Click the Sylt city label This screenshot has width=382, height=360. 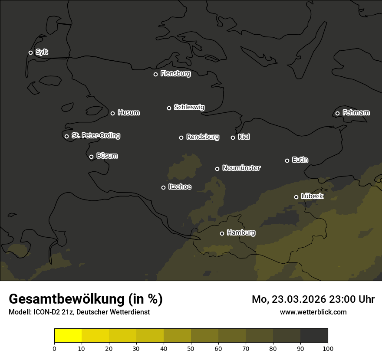(x=42, y=52)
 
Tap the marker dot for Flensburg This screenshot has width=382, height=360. (x=155, y=74)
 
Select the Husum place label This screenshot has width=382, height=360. (x=128, y=113)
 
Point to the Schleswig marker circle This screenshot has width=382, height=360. (x=169, y=108)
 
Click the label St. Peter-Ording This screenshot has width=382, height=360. (x=95, y=136)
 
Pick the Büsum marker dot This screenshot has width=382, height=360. (x=91, y=157)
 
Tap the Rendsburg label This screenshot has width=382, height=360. (x=202, y=137)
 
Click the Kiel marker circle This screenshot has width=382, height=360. (x=233, y=137)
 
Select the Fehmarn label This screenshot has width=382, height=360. (x=356, y=113)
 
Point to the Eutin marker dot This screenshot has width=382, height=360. (x=287, y=160)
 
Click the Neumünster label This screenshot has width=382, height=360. (x=241, y=168)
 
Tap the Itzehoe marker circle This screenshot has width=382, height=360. (x=163, y=187)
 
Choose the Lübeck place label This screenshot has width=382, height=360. (x=312, y=196)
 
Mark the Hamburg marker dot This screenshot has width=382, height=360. (x=222, y=233)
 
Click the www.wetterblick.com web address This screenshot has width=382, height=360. (x=313, y=312)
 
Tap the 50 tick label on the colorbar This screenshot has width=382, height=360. (x=191, y=348)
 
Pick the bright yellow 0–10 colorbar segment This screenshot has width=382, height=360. (x=68, y=336)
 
